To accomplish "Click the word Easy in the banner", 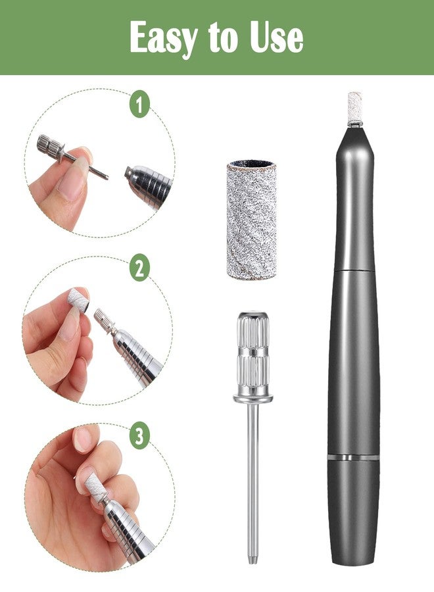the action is [163, 37].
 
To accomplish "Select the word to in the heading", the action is [223, 37].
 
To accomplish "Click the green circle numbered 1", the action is [139, 103].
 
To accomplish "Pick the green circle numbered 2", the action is [139, 268].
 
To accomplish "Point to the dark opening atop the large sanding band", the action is [252, 164].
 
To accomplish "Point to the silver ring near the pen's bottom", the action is [354, 457].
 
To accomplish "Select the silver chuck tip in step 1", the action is [147, 185].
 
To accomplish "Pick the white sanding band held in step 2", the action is [78, 300].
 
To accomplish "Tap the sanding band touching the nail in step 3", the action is [95, 485].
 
